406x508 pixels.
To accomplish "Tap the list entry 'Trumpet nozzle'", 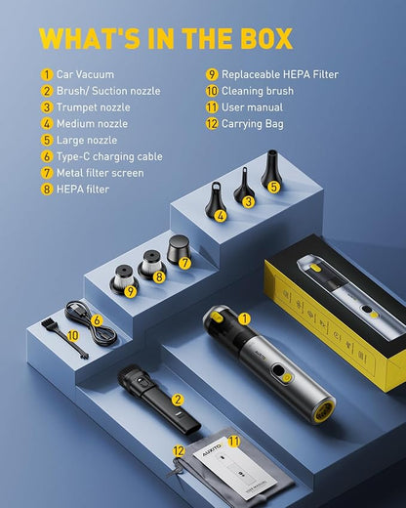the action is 94,107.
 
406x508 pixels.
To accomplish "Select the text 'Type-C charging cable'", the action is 109,156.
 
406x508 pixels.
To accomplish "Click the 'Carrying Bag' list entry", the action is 253,124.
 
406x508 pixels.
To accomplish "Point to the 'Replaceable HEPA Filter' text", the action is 280,74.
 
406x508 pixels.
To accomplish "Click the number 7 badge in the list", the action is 47,173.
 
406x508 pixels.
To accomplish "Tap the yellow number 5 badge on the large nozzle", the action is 273,187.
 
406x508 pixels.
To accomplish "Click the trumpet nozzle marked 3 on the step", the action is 243,186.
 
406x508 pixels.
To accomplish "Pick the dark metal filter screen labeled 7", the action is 178,249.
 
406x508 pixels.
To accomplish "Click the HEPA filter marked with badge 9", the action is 124,280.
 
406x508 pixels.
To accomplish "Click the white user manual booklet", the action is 235,469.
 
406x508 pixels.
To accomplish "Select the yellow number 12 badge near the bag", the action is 179,451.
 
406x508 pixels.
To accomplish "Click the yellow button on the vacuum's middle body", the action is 286,378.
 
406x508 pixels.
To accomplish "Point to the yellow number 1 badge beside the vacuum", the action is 244,319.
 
